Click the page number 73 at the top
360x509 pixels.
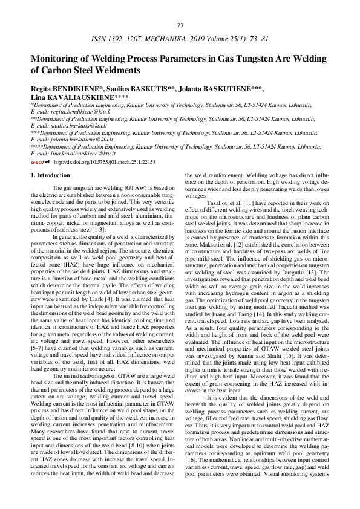click(x=180, y=25)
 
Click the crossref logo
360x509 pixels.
click(x=40, y=162)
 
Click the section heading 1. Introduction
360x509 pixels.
click(x=50, y=175)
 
